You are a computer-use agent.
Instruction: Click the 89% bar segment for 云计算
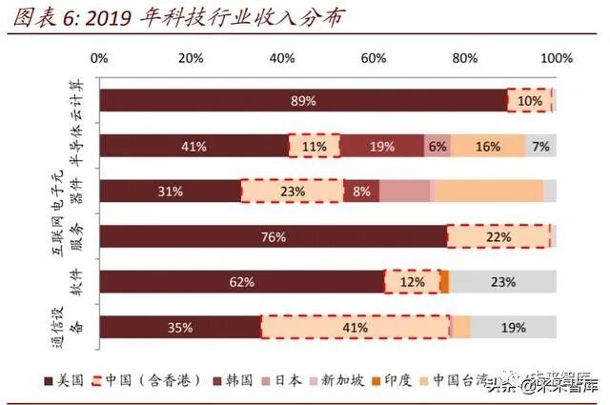tap(303, 100)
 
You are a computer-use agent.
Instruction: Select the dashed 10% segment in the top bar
tap(530, 100)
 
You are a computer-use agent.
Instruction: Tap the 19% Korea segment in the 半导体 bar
tap(382, 146)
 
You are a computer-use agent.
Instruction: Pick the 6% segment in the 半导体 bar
tap(437, 146)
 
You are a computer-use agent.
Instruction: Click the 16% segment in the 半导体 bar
tap(487, 146)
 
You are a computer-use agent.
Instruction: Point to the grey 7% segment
tap(540, 146)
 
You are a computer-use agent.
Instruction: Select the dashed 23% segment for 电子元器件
tap(293, 191)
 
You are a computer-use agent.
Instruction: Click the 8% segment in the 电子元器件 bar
tap(361, 191)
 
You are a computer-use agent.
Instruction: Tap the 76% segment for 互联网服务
tap(273, 236)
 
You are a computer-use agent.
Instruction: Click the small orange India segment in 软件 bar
tap(444, 281)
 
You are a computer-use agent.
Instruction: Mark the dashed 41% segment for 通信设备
tap(356, 327)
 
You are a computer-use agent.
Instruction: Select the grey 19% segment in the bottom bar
tap(513, 327)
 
